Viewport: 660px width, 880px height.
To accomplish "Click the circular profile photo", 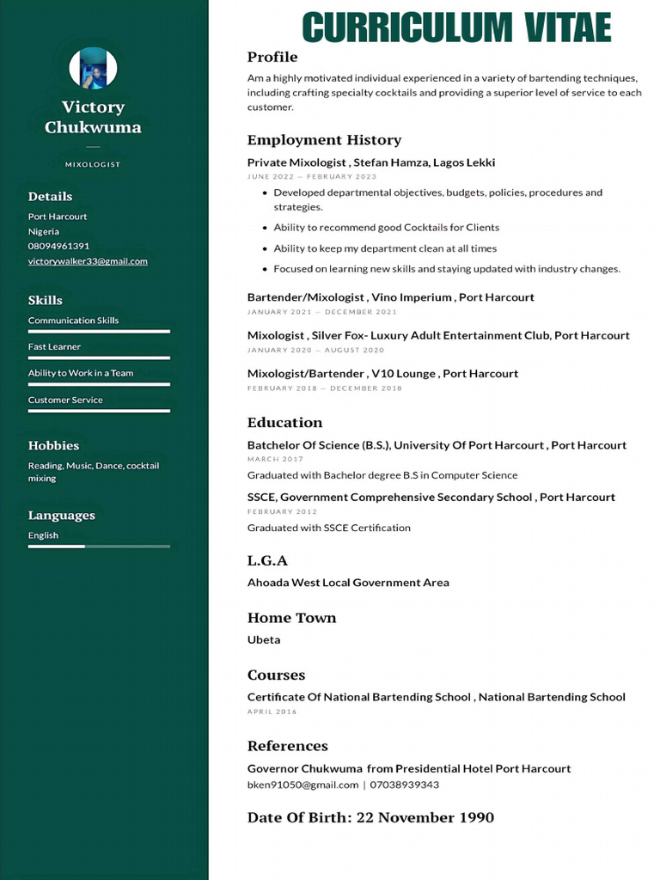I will coord(93,69).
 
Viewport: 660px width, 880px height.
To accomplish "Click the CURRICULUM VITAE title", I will coord(456,27).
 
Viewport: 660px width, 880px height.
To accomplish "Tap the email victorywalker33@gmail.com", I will coord(88,261).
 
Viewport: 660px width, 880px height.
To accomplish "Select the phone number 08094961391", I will coord(58,246).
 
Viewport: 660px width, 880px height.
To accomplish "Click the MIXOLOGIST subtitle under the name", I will coord(93,164).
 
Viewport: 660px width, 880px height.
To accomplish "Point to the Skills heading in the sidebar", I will coord(46,300).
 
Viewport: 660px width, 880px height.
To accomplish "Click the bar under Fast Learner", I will coord(99,357).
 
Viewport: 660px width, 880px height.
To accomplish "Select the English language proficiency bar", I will coord(99,546).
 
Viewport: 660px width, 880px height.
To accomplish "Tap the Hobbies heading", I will coord(53,445).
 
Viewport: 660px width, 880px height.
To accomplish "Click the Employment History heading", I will coord(324,140).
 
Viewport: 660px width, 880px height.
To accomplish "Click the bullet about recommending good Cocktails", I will coord(386,228).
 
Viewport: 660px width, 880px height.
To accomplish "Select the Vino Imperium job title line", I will coord(391,297).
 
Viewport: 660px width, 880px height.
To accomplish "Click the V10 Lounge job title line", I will coord(382,374).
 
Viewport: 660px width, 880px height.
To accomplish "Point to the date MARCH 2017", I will coord(275,460).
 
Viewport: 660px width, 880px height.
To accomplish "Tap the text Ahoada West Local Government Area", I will coord(348,583).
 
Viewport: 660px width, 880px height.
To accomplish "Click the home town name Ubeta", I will coord(264,639).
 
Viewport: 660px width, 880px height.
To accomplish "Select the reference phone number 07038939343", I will coord(404,785).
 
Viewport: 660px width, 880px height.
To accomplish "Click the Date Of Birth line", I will coord(370,817).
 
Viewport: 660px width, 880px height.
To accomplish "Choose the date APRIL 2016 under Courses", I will coord(272,712).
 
